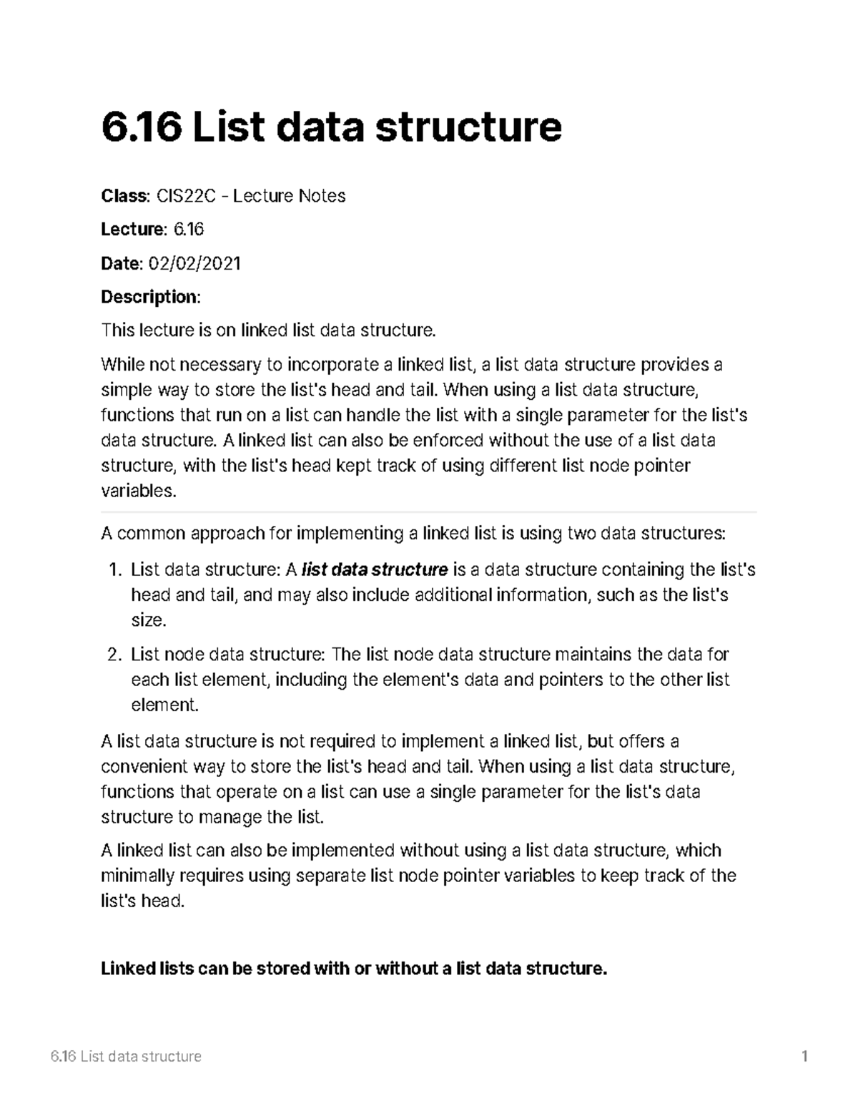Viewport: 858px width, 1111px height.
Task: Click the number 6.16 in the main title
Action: point(141,127)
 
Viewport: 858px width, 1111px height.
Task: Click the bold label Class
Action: point(124,196)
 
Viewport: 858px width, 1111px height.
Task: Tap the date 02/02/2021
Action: point(194,263)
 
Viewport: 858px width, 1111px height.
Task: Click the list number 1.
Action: point(115,570)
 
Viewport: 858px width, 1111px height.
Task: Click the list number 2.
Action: point(115,655)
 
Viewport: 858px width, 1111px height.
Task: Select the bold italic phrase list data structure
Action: point(375,570)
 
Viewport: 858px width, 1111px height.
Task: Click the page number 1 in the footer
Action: point(804,1057)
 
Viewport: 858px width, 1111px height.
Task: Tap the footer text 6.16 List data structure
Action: point(126,1057)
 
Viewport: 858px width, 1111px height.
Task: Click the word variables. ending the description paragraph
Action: point(138,491)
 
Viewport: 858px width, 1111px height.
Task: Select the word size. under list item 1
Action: point(149,621)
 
